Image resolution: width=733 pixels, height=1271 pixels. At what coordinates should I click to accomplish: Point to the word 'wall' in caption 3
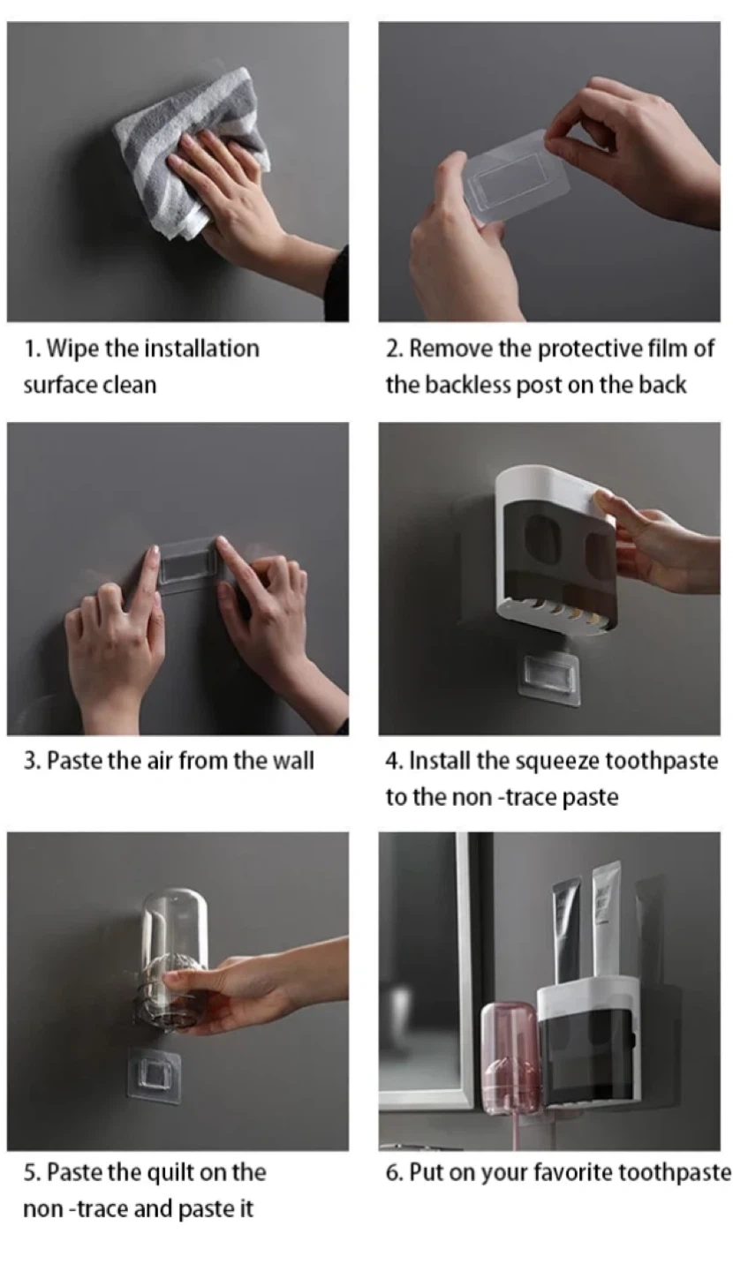click(293, 760)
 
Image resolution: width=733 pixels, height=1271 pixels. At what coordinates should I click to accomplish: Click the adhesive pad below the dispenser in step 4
click(550, 680)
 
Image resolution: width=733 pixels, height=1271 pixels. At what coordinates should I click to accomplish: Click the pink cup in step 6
click(510, 1058)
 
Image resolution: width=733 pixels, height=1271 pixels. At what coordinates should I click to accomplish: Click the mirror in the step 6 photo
click(427, 965)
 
